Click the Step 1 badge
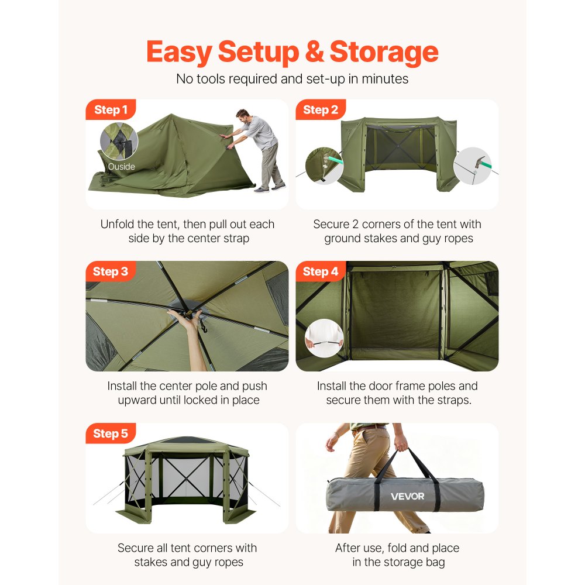coord(111,110)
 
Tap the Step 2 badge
coord(321,110)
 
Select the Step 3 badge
coord(111,271)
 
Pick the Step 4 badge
coord(321,271)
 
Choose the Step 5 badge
coord(111,433)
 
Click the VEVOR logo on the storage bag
coord(408,497)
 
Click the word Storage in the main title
coord(384,53)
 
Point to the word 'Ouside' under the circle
coord(121,167)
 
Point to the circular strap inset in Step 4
coord(324,338)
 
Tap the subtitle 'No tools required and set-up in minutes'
coord(292,78)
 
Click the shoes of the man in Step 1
coord(270,188)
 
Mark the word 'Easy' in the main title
coord(179,53)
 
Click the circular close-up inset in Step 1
coord(119,142)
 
